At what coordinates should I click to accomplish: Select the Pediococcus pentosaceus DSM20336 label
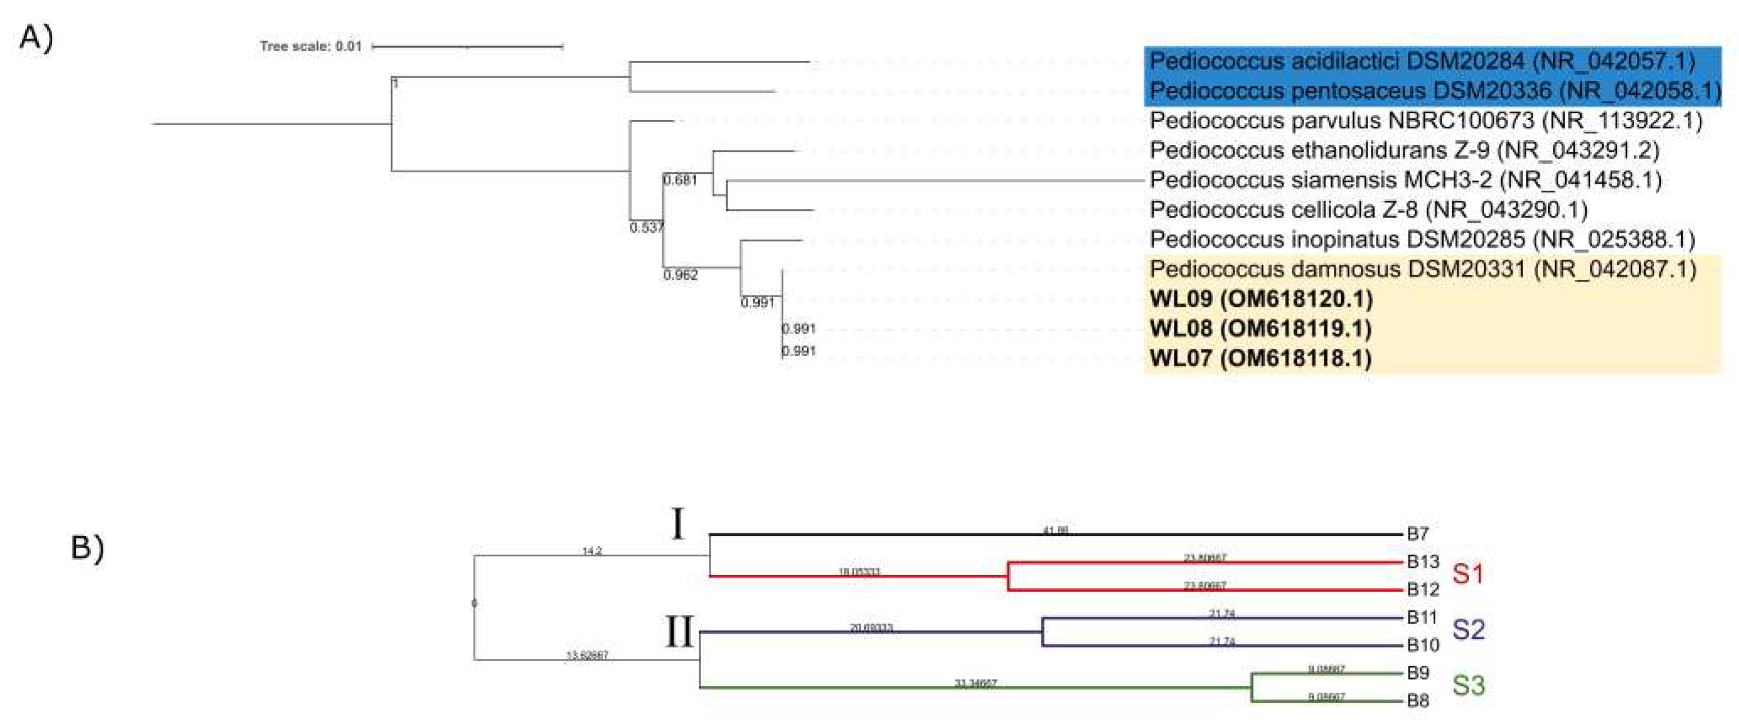pos(1431,91)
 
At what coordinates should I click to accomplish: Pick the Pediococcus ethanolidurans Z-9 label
pos(1404,150)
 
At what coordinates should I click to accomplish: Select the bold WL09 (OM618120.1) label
pos(1261,299)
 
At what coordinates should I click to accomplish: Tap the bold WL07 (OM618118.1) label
pos(1260,358)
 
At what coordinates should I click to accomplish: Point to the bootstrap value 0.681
pos(680,180)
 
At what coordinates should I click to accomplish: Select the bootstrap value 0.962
pos(681,275)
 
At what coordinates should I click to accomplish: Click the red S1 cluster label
pos(1467,574)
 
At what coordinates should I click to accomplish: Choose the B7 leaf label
pos(1417,534)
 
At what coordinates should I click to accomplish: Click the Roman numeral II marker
pos(679,632)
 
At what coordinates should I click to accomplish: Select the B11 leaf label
pos(1422,617)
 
